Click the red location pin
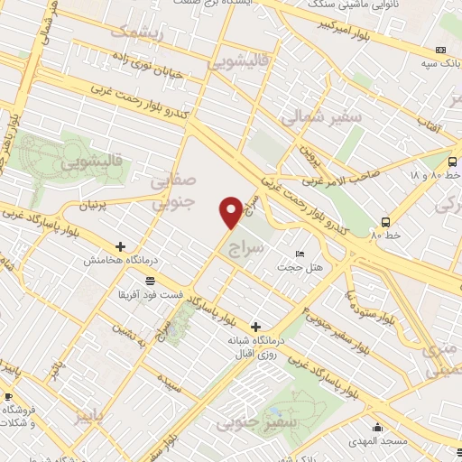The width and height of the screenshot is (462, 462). click(x=231, y=211)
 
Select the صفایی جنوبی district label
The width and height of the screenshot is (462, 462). click(x=176, y=190)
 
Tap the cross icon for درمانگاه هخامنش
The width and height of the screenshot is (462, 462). click(x=120, y=246)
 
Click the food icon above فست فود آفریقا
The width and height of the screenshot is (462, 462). click(x=148, y=281)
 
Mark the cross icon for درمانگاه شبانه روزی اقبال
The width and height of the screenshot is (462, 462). click(x=256, y=326)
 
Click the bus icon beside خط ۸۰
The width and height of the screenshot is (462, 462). click(x=386, y=221)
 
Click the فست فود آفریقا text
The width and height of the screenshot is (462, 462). click(x=152, y=294)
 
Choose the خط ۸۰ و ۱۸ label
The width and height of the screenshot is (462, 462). click(x=435, y=174)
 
